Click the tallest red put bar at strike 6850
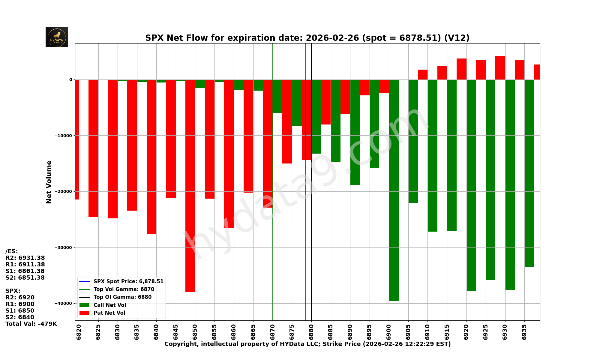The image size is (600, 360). point(190,186)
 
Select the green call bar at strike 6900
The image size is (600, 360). point(394,190)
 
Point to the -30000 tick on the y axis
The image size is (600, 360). point(63,247)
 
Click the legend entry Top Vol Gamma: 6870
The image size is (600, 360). point(124,289)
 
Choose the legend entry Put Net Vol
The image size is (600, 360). point(109,313)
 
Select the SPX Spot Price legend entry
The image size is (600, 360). point(128,281)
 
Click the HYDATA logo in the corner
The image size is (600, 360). point(57,37)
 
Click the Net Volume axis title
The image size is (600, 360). point(49,182)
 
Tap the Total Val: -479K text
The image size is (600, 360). point(31,324)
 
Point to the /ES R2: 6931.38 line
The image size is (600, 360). point(25,258)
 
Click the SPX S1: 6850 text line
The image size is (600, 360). point(20,311)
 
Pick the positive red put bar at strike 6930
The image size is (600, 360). point(500,68)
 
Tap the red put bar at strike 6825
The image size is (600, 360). point(93,148)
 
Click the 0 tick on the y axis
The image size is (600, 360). point(71,79)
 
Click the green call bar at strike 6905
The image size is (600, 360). point(413,141)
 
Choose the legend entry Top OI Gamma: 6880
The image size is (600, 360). point(122,297)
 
